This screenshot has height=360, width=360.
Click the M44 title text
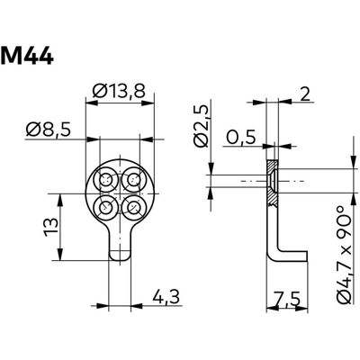[x=27, y=56]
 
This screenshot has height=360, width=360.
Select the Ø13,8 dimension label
[x=119, y=91]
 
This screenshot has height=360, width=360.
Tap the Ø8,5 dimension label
[x=49, y=130]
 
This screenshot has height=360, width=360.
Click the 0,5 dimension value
[x=241, y=138]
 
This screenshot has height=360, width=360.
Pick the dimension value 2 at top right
[x=304, y=95]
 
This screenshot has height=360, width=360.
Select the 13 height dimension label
[x=51, y=227]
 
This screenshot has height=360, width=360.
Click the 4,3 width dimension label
[x=166, y=297]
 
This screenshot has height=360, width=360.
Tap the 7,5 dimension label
[x=287, y=300]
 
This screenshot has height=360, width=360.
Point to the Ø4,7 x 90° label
[x=344, y=256]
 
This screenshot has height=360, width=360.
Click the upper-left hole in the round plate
[x=106, y=180]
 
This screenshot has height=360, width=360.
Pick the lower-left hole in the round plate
[x=106, y=208]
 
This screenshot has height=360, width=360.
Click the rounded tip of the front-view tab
[x=120, y=256]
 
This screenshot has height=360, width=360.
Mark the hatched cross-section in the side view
[x=273, y=183]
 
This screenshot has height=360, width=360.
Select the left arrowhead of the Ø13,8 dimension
[x=92, y=103]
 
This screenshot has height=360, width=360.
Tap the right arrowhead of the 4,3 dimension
[x=137, y=306]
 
